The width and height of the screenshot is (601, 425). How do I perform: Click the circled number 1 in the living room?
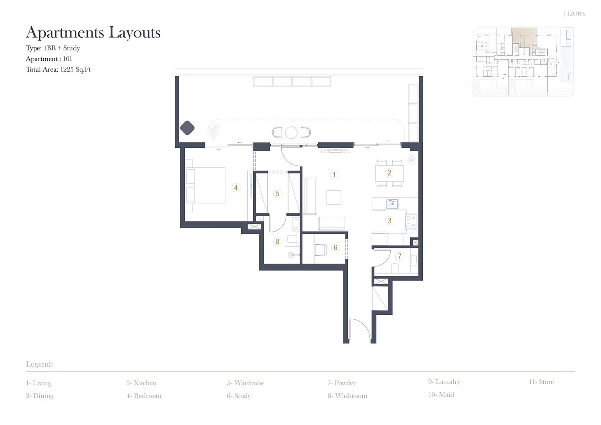334,175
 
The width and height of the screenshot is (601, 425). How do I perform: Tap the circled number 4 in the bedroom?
236,188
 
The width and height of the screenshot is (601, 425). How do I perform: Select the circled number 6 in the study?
335,248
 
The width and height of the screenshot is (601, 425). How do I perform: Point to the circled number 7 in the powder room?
399,256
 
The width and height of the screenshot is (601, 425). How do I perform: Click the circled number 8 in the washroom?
277,242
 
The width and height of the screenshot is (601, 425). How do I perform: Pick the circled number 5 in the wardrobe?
277,193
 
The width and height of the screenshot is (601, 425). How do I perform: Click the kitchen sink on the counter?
392,204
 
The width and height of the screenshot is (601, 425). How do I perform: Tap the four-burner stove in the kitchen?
411,222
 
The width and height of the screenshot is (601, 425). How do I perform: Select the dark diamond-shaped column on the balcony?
187,128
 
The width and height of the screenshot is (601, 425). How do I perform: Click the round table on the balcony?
291,132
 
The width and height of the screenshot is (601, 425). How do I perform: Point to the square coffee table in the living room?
334,197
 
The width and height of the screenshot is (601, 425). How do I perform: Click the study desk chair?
321,250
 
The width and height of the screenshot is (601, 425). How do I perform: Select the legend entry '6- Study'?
238,396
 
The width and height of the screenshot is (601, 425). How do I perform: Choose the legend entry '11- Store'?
541,382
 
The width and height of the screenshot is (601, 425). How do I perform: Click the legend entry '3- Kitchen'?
141,383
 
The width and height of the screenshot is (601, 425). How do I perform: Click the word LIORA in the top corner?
576,14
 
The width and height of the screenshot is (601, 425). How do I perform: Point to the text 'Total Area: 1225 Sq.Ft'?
58,69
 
